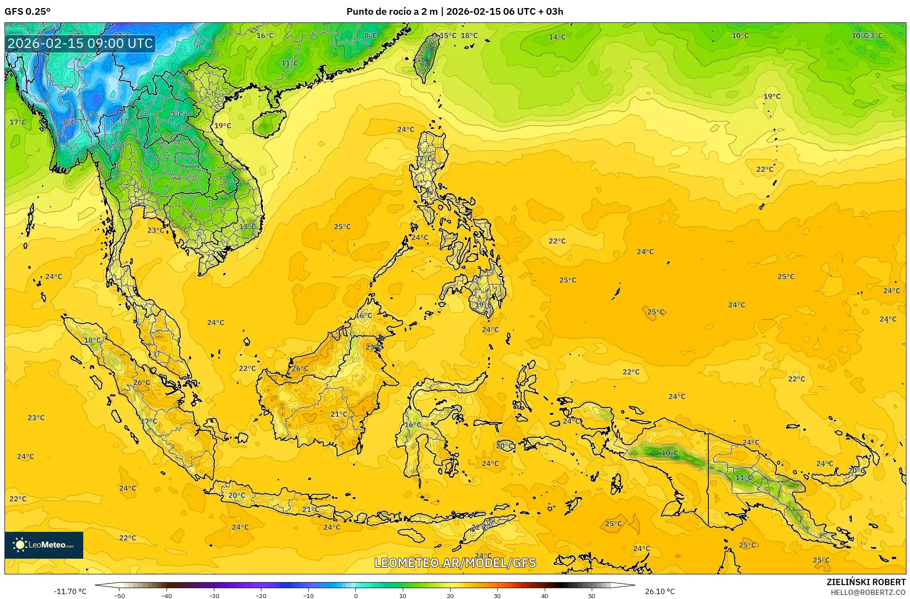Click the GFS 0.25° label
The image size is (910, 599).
point(27,12)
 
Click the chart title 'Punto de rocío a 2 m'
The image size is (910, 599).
point(392,12)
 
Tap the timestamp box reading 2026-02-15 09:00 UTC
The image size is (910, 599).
point(81,43)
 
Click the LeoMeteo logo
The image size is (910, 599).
point(44,545)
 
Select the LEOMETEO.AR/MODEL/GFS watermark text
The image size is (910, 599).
point(455,563)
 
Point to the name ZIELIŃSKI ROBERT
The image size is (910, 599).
point(866,582)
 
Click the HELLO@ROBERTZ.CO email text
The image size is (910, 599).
point(868,592)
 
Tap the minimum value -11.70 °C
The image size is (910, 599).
point(70,591)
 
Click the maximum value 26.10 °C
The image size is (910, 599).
point(660,591)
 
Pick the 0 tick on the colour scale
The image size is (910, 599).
point(356,596)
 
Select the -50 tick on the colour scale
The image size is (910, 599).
point(120,596)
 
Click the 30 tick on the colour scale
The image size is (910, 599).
point(497,596)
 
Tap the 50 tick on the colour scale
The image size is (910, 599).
point(592,596)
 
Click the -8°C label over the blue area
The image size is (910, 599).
point(68,122)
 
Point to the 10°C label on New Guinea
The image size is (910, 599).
point(670,453)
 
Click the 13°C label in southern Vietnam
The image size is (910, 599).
point(247,227)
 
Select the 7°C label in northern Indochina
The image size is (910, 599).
point(177,115)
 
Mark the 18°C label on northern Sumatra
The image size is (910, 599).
point(93,340)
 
